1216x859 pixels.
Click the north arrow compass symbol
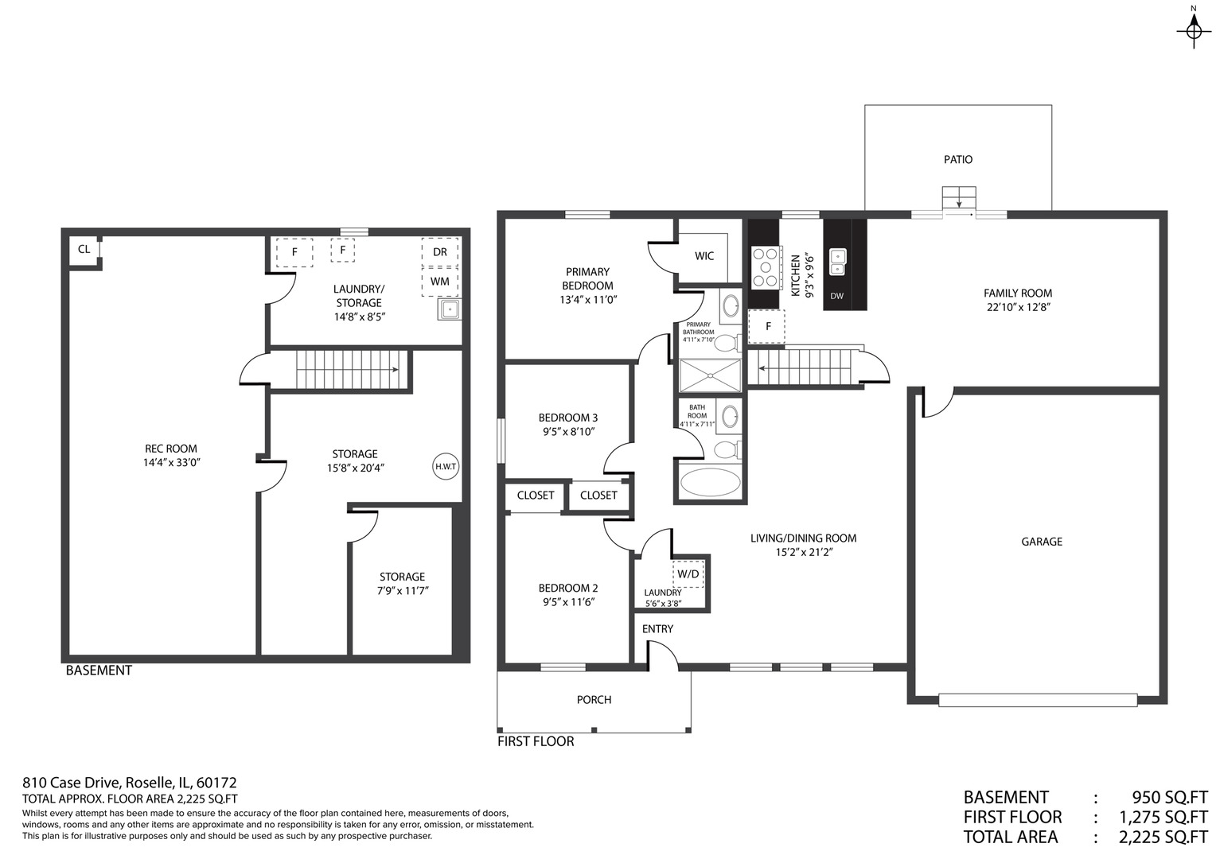(1193, 30)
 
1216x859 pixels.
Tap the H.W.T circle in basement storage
(446, 466)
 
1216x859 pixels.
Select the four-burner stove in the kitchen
(765, 266)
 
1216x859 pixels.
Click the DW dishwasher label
(836, 297)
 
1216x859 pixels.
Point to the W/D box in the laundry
(688, 573)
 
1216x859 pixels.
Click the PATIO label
(957, 159)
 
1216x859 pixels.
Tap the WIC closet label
(703, 256)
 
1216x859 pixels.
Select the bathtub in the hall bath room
(711, 483)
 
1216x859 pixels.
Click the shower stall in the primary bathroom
(710, 375)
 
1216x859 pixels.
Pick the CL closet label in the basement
(84, 249)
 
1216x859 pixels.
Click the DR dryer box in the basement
(439, 252)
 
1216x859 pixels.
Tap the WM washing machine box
(439, 282)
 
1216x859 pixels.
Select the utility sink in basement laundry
(449, 309)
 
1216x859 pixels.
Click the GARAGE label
(1041, 542)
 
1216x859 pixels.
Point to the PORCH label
(594, 700)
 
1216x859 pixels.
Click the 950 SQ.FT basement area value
(1169, 797)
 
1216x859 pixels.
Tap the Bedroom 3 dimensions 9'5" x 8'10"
(567, 432)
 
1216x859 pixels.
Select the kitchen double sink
(837, 261)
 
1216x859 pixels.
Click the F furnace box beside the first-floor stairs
(767, 326)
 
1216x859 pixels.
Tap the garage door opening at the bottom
(1037, 700)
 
